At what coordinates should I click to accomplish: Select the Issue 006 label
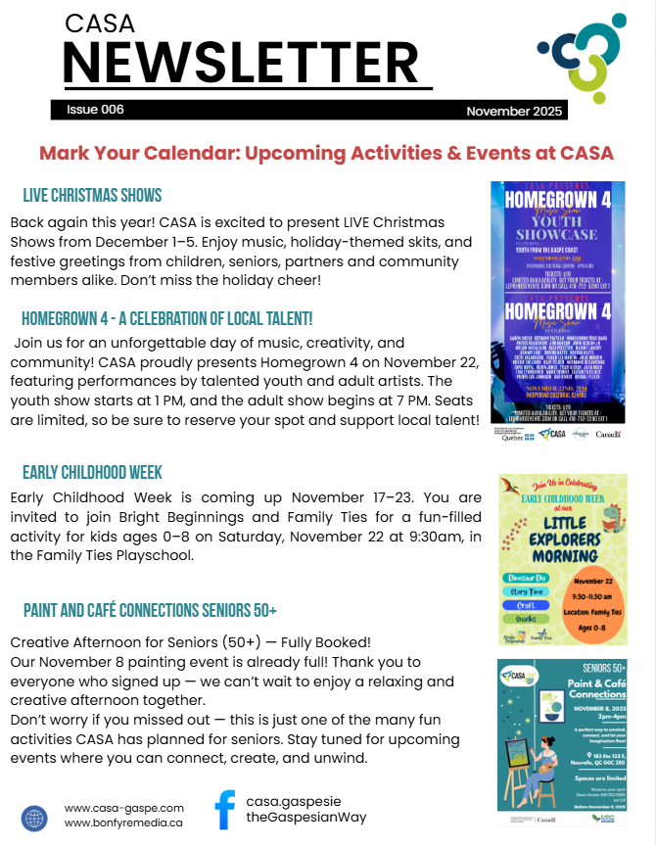click(95, 110)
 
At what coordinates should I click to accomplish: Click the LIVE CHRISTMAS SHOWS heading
click(92, 195)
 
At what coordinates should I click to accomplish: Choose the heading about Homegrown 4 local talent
click(166, 318)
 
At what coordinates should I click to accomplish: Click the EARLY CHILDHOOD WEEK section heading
click(92, 472)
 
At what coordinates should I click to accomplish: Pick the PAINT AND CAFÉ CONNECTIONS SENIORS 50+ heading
click(150, 611)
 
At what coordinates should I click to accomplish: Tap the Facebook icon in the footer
click(224, 811)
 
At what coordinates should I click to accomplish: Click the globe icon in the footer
click(34, 818)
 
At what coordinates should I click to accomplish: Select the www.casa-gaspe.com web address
click(124, 808)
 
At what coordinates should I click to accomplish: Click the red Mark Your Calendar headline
click(326, 153)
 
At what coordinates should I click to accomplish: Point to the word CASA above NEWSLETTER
click(100, 23)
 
